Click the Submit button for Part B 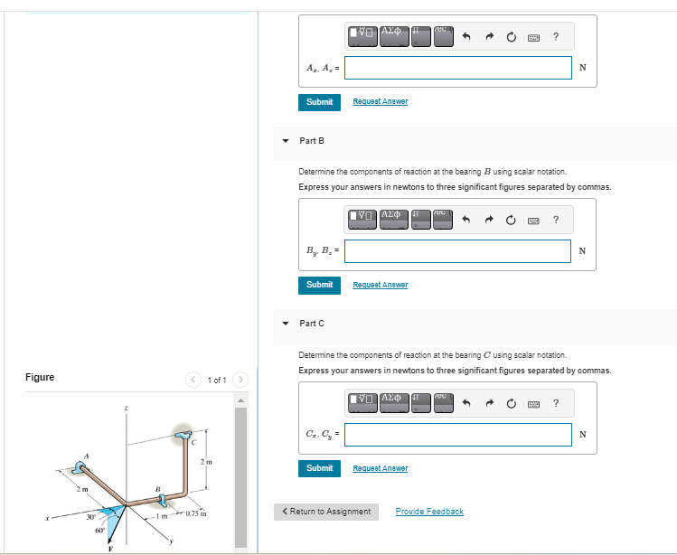pos(319,285)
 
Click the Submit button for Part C pos(319,468)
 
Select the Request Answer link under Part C pos(380,468)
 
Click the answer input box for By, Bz pos(457,250)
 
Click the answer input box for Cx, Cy pos(457,435)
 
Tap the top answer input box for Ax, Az pos(457,68)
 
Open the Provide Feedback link pos(429,512)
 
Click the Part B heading pos(312,140)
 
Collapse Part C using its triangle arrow pos(286,324)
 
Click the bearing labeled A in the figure pos(82,469)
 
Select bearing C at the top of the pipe pos(185,435)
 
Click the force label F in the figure pos(112,547)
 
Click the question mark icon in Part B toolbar pos(555,220)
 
